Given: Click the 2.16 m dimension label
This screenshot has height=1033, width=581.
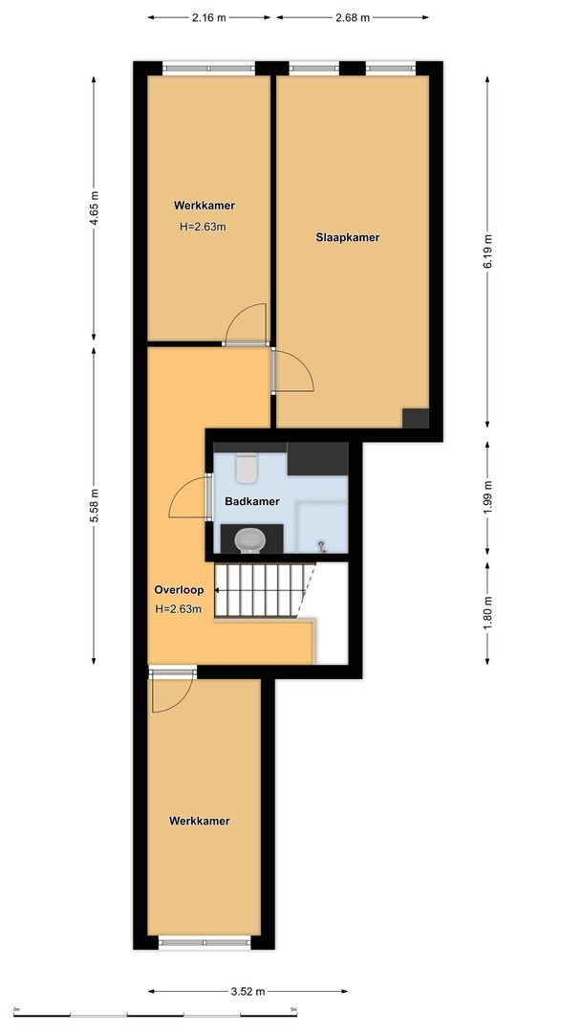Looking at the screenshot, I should click(208, 17).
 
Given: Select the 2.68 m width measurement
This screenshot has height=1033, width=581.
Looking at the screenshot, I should click(353, 17).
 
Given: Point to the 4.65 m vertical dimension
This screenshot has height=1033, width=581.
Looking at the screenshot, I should click(94, 208).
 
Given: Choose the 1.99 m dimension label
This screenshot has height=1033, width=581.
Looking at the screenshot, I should click(487, 497).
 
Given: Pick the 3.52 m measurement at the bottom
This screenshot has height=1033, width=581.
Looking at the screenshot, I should click(247, 991).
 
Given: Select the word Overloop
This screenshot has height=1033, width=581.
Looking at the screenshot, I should click(179, 590).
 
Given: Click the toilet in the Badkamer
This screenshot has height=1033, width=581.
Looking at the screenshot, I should click(247, 468).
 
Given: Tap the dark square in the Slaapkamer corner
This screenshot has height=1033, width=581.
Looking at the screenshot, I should click(416, 419).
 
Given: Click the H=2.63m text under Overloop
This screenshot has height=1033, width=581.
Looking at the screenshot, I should click(179, 609).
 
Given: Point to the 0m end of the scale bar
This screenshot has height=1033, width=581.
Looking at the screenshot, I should click(18, 1013).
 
